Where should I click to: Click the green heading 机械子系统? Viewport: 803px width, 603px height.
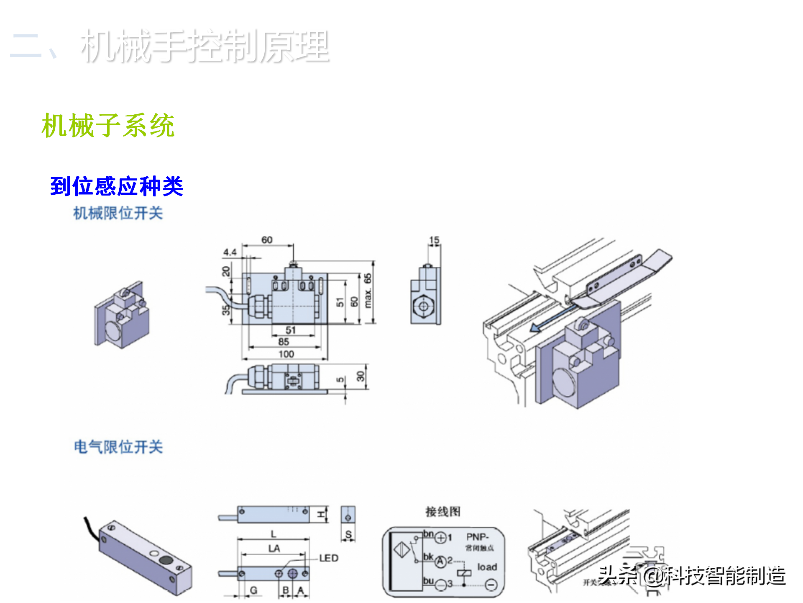coord(108,125)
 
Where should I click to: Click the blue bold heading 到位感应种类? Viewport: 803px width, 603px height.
coord(117,186)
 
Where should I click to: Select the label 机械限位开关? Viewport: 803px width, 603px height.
coord(118,213)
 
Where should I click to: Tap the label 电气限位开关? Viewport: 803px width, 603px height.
coord(118,447)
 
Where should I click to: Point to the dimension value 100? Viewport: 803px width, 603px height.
coord(286,354)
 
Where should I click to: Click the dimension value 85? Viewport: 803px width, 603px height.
coord(284,342)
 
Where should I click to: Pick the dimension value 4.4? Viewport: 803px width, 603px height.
coord(230,252)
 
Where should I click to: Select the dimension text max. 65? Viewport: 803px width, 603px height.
coord(368,291)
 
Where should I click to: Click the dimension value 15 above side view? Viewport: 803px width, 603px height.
coord(434,240)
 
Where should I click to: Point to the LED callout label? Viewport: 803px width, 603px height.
coord(329,558)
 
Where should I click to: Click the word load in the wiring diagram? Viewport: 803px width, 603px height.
coord(487,567)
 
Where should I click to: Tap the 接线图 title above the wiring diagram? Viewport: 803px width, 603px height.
coord(443,511)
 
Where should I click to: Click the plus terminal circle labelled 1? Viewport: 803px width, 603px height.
coord(440,538)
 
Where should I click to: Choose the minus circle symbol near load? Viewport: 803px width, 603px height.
coord(491,585)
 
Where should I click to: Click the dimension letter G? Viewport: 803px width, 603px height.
coord(253,590)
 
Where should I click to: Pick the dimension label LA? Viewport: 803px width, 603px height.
coord(274,548)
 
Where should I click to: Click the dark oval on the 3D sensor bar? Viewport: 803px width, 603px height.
coord(166,560)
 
